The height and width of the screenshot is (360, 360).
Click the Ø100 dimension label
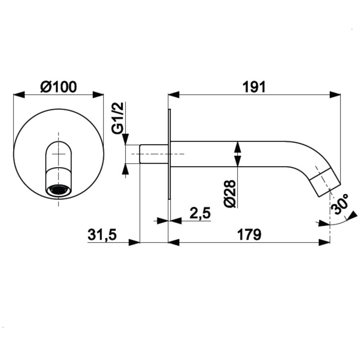point(58,87)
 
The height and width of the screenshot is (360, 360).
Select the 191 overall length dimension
point(254,87)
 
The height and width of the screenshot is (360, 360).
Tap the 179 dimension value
point(249,234)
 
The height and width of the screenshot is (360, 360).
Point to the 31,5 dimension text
point(102,235)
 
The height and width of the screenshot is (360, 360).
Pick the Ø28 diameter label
point(231,193)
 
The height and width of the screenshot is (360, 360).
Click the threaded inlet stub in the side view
point(153,154)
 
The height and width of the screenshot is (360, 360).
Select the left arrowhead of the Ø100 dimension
point(19,95)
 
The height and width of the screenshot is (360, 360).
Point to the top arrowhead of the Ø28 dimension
point(238,146)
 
